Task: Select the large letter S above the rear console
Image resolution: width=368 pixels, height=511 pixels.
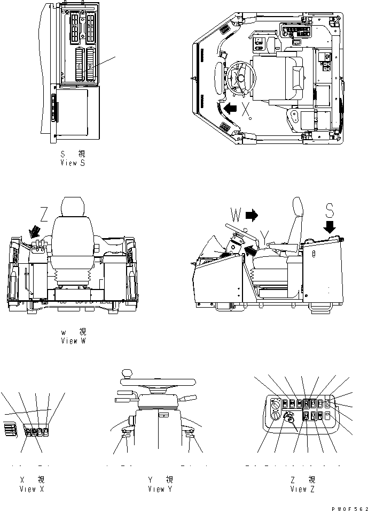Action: tap(330, 211)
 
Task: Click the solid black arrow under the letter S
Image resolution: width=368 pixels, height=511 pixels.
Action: tap(330, 227)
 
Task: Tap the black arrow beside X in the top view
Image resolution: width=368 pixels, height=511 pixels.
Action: tap(231, 110)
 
